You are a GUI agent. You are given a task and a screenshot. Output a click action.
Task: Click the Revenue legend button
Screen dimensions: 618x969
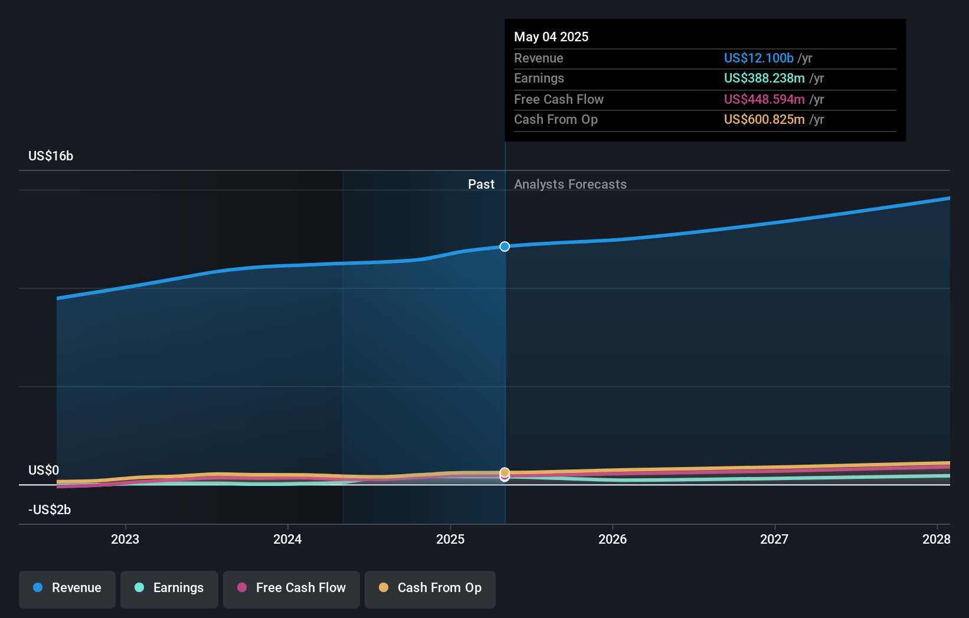click(x=67, y=588)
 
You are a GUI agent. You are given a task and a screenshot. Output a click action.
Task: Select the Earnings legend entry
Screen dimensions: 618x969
click(x=169, y=588)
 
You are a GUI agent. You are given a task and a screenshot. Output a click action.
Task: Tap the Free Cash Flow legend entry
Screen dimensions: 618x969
click(x=292, y=588)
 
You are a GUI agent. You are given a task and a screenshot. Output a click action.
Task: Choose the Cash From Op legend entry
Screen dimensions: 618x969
click(x=430, y=588)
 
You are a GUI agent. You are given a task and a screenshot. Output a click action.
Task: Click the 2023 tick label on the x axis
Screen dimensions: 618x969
click(x=125, y=539)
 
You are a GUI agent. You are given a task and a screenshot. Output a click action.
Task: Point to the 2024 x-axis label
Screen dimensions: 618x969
click(x=287, y=539)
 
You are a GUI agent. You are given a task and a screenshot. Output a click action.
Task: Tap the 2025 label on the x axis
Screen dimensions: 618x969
click(x=450, y=539)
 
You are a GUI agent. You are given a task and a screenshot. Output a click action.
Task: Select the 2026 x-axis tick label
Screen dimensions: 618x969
click(x=613, y=539)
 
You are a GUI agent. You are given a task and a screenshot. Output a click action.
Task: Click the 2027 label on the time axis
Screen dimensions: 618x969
click(x=774, y=539)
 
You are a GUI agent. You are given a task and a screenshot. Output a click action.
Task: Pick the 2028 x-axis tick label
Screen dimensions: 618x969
click(x=936, y=539)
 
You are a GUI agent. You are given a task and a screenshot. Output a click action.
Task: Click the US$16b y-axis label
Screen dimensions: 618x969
click(x=51, y=156)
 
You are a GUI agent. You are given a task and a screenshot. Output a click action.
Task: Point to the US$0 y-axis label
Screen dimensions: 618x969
click(x=44, y=470)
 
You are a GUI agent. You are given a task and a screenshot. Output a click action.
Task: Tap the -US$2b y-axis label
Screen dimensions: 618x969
click(x=50, y=509)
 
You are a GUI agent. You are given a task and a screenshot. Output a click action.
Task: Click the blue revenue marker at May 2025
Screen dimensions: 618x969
click(x=505, y=246)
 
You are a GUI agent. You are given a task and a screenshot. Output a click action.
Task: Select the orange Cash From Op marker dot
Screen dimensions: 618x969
click(x=505, y=472)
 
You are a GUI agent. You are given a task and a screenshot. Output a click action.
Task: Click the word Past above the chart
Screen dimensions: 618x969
click(x=481, y=185)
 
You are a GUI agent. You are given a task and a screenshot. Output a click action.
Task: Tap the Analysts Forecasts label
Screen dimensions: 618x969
click(x=570, y=185)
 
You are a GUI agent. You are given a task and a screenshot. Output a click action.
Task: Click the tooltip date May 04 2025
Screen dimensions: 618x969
click(x=551, y=37)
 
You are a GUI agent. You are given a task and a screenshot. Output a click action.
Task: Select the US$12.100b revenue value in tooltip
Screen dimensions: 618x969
click(x=758, y=58)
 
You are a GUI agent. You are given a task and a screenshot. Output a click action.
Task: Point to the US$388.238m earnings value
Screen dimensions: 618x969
click(x=764, y=78)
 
